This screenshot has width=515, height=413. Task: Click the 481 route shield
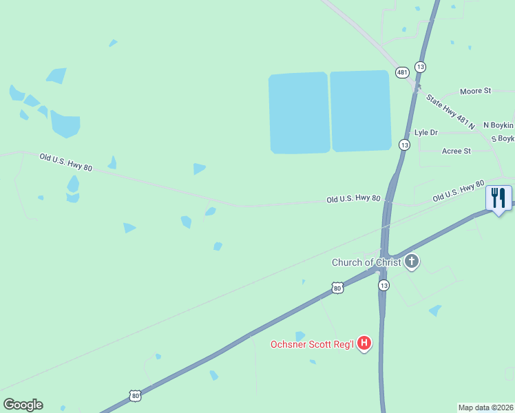(x=402, y=72)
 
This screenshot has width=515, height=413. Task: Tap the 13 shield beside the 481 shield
(x=421, y=67)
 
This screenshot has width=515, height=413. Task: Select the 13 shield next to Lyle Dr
(x=404, y=145)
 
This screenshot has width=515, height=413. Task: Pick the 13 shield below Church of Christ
(x=383, y=285)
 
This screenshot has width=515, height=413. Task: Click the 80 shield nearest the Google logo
(x=135, y=395)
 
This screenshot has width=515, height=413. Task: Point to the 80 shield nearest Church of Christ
(x=337, y=288)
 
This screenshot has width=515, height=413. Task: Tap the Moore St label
(x=475, y=91)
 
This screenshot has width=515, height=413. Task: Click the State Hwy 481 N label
(x=450, y=112)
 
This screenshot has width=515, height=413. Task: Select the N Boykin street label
(x=498, y=125)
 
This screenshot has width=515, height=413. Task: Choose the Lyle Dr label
(x=425, y=132)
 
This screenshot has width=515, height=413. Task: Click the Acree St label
(x=456, y=151)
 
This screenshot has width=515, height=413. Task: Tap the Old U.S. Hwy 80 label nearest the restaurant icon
(x=459, y=192)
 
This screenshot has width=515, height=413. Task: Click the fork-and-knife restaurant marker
(x=498, y=198)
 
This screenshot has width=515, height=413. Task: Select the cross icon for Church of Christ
(x=412, y=260)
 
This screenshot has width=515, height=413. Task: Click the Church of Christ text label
(x=366, y=262)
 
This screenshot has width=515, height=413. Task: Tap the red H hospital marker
(x=364, y=343)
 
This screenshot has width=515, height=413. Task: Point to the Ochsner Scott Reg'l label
(x=312, y=344)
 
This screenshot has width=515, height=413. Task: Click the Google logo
(x=23, y=405)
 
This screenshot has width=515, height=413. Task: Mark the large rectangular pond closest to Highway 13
(x=361, y=110)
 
